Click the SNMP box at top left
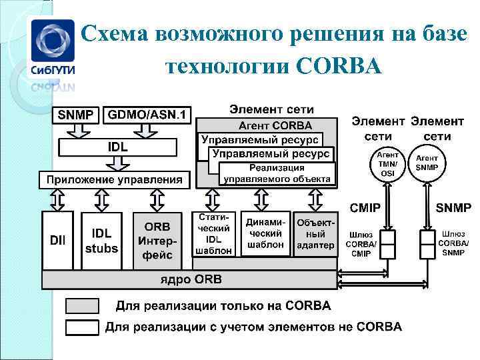(77, 115)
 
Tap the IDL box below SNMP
(118, 146)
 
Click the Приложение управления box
(114, 179)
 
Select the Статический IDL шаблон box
(214, 234)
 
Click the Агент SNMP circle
(427, 163)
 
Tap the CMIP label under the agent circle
(365, 209)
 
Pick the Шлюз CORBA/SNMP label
(453, 243)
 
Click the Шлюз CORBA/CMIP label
(361, 244)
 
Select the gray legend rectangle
(83, 306)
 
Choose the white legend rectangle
(83, 327)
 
